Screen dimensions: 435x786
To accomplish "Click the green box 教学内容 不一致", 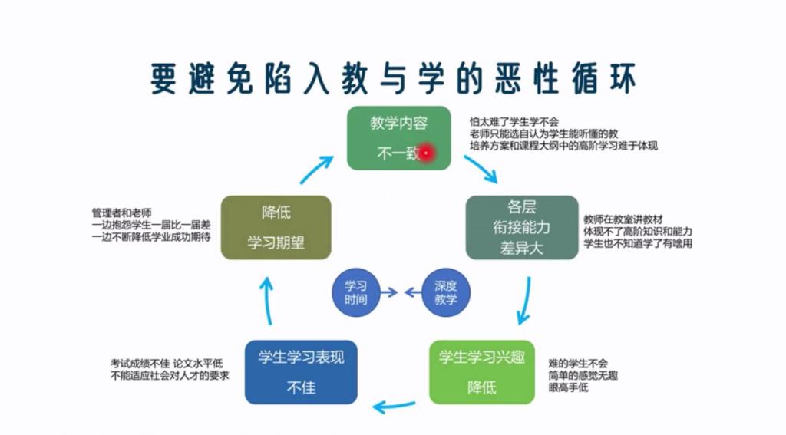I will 398,137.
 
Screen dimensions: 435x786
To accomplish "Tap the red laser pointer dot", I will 426,153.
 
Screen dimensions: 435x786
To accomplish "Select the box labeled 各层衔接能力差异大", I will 521,227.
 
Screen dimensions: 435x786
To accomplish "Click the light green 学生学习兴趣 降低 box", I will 481,372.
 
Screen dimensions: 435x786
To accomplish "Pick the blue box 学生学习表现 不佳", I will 301,372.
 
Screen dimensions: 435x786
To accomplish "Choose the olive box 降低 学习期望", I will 276,227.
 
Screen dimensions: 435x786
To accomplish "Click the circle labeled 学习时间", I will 355,292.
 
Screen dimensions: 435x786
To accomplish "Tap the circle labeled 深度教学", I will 445,292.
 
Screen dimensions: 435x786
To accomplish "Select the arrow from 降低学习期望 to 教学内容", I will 315,170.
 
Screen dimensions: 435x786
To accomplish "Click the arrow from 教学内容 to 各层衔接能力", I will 481,169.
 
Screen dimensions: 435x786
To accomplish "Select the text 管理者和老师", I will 121,213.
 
